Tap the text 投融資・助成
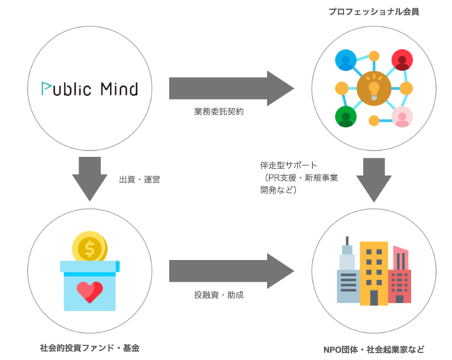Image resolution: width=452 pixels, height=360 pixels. (219, 295)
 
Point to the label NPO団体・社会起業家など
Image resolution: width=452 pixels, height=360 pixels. (374, 349)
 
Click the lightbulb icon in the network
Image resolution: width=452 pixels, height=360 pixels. (373, 88)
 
